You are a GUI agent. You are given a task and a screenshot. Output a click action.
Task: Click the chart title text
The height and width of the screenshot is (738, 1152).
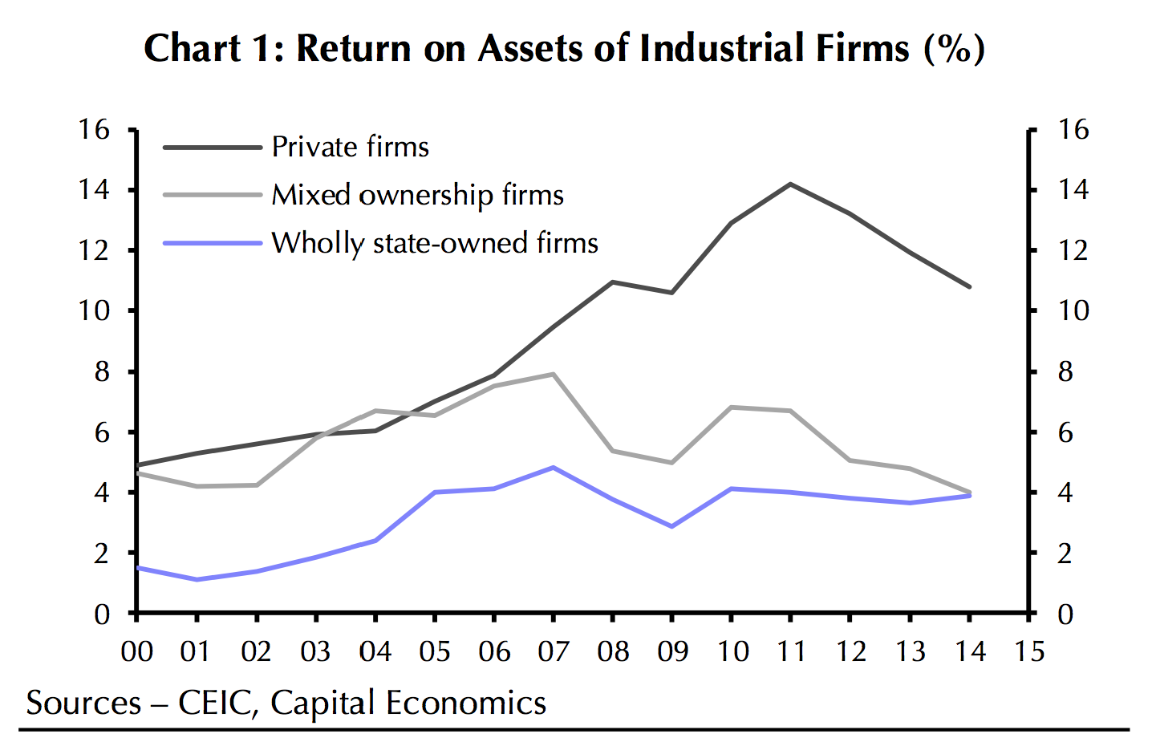pos(564,48)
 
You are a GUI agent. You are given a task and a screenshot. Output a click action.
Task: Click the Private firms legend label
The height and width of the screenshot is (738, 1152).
pos(350,147)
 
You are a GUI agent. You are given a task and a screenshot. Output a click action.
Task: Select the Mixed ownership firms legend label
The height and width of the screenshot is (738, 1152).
pos(417,195)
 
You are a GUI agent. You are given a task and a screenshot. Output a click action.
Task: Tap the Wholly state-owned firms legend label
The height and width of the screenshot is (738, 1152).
pos(435,243)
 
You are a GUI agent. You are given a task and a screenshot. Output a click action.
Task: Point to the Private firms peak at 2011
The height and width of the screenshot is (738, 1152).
pos(790,184)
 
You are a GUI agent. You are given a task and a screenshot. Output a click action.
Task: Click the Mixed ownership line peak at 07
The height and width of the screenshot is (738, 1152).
pos(554,374)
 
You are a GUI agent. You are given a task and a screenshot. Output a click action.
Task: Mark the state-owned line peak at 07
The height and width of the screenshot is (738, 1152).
pos(554,467)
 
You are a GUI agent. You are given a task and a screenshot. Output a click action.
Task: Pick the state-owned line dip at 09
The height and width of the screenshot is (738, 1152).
pos(672,526)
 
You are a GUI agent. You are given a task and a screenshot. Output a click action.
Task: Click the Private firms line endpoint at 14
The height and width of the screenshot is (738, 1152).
pos(969,286)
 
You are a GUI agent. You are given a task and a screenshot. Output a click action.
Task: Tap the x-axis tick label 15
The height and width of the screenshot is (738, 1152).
pos(1028,651)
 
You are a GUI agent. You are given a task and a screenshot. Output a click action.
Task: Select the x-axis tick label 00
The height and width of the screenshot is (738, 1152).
pos(137,651)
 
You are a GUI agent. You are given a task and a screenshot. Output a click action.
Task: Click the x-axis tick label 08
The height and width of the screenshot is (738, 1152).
pos(613,651)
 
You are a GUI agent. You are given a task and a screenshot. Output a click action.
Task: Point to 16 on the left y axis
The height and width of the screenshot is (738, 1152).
pos(94,129)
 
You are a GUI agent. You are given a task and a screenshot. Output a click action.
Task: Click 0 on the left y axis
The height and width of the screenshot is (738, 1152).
pos(102,614)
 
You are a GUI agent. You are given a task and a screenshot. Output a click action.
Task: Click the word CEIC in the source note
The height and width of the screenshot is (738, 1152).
pos(217,704)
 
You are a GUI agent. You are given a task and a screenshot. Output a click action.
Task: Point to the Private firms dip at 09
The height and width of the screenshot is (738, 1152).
pos(672,293)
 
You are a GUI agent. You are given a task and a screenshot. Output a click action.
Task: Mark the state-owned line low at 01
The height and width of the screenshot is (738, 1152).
pos(197,579)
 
